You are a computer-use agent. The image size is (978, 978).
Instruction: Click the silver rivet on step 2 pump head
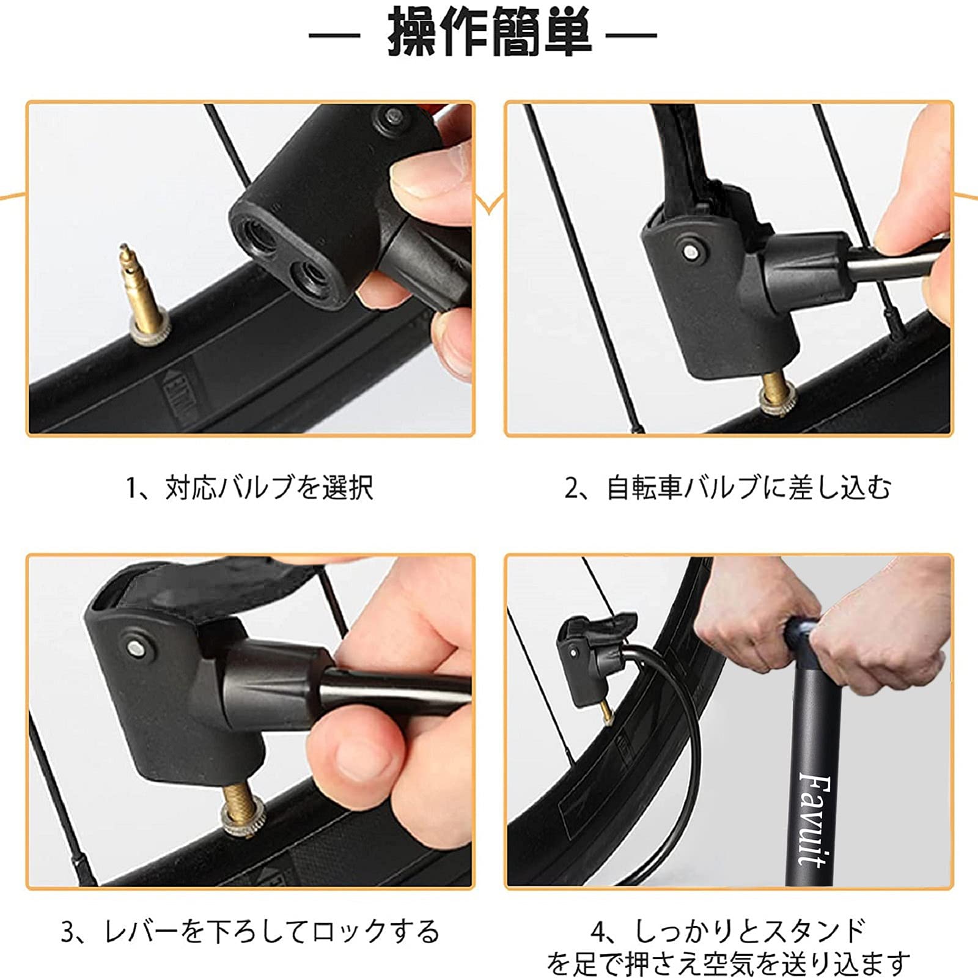pos(691,249)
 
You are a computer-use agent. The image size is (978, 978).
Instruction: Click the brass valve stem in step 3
pos(235,802)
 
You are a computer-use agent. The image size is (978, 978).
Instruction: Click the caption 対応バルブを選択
pos(269,488)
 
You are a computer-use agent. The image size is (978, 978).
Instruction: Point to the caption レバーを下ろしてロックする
pos(272,932)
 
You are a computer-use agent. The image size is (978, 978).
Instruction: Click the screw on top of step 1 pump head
pos(390,116)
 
